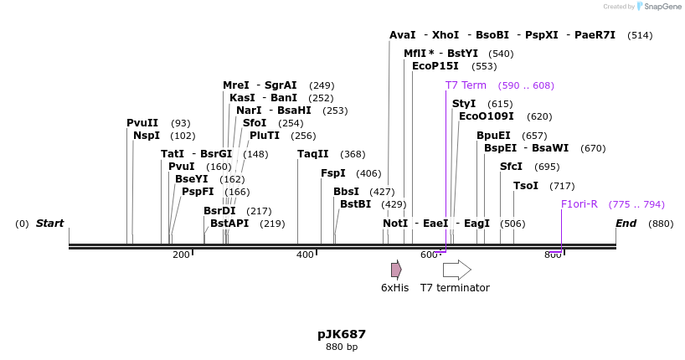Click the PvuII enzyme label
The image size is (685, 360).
point(142,123)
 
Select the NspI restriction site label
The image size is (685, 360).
point(146,136)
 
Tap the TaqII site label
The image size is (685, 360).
point(313,154)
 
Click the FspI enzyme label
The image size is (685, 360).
point(333,173)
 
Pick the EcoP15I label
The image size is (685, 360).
point(435,66)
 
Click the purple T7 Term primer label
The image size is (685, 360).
point(466,85)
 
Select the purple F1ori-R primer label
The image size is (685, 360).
point(579,204)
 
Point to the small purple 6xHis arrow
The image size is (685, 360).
point(396,270)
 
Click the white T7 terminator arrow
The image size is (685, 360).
point(456,270)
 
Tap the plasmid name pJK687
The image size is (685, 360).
point(342,334)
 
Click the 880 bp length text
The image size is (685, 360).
point(342,347)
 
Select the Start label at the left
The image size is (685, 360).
point(49,224)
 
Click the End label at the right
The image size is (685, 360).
point(626,224)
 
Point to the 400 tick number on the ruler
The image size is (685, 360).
point(305,255)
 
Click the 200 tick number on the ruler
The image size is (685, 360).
point(181,255)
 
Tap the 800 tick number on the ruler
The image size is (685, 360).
point(553,255)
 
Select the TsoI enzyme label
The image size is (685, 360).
point(526,186)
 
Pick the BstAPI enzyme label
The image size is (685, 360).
point(229,224)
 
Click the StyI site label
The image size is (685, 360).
point(464,104)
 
